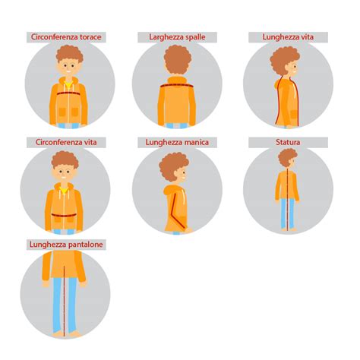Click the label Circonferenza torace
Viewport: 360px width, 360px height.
point(66,37)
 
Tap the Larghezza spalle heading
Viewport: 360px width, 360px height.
point(177,37)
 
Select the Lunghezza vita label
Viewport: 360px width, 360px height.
point(288,37)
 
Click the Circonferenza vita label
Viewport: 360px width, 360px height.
point(66,142)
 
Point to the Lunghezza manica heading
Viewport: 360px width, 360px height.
point(177,142)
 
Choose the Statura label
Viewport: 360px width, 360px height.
point(288,142)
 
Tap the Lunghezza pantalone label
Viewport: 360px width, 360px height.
point(66,245)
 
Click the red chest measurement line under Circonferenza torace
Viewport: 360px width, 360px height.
point(68,93)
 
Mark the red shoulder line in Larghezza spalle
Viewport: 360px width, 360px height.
point(177,86)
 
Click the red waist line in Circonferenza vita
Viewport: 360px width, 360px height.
point(64,216)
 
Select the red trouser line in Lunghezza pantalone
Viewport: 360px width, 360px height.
point(64,302)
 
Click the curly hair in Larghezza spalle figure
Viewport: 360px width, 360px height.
point(178,59)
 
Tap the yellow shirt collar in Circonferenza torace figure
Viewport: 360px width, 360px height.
point(68,84)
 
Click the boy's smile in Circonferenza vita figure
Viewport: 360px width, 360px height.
point(64,177)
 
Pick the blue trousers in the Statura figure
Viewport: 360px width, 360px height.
point(288,213)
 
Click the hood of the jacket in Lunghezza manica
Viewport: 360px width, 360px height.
point(171,191)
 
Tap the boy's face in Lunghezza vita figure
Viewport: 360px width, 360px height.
point(293,68)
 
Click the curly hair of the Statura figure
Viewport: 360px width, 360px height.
point(287,157)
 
